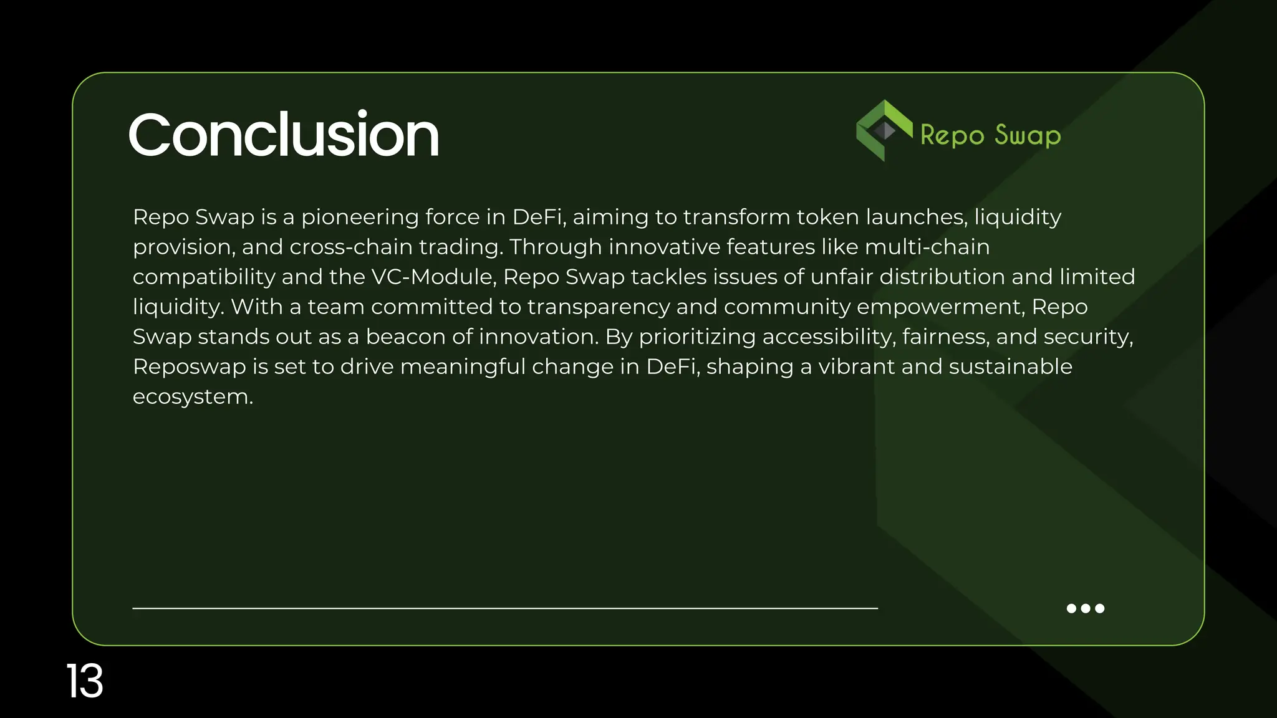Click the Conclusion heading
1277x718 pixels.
284,135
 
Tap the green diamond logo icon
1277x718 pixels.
884,130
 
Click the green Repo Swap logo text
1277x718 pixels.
990,135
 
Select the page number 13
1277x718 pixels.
85,681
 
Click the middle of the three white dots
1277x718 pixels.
1086,608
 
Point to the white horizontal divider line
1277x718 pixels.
505,608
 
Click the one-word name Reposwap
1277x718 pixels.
190,366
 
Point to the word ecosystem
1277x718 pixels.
192,397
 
